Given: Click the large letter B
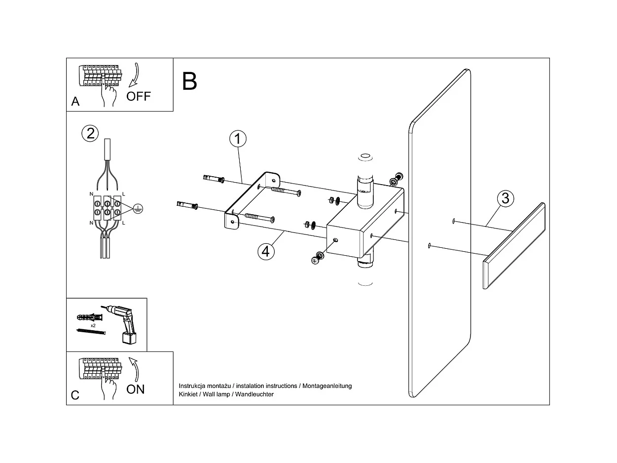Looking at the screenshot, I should [189, 81].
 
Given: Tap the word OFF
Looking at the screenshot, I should [139, 96].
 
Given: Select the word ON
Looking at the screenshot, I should [136, 389].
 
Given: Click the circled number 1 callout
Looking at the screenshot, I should [238, 139].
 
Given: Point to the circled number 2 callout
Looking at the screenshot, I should [90, 133].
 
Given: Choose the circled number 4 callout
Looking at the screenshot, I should [265, 251].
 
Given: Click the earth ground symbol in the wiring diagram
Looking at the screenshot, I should [138, 209].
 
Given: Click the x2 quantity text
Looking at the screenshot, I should [93, 326].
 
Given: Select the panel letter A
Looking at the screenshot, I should [75, 102].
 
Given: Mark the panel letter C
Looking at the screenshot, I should [75, 395].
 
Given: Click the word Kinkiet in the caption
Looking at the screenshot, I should [188, 394].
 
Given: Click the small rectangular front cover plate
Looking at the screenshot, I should [514, 245].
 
